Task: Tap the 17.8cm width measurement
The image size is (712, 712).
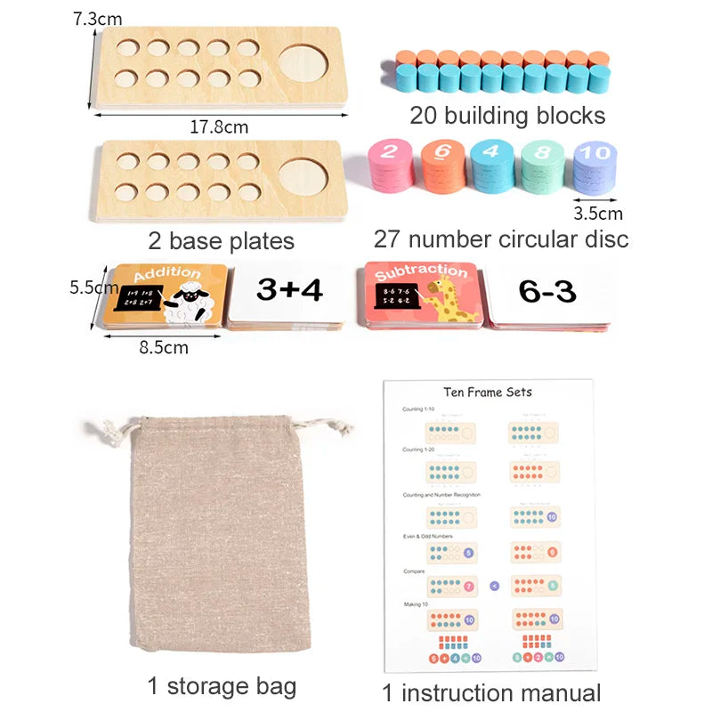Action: point(219,126)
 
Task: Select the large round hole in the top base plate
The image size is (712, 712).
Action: point(303,63)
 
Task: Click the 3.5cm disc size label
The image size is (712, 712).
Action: point(598,213)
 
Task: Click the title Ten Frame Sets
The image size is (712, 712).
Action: point(488,392)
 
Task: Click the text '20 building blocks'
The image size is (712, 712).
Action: point(507,115)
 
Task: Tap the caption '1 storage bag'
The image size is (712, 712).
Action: point(222,685)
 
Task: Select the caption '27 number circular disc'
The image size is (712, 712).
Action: point(501,239)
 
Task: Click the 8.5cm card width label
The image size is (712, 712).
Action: point(165,347)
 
